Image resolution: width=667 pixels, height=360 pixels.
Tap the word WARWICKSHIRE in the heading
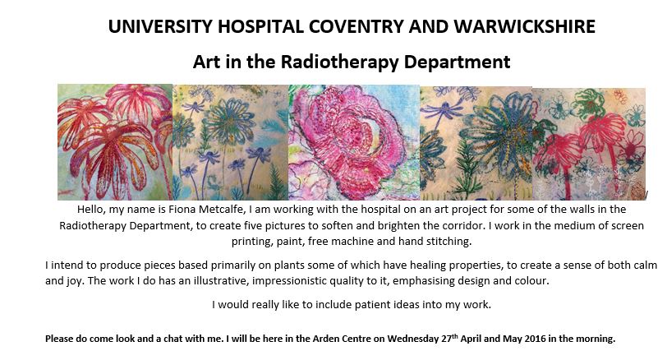(525, 26)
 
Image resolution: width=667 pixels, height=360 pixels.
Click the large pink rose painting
(354, 142)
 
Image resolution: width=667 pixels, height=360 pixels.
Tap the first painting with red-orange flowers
(115, 142)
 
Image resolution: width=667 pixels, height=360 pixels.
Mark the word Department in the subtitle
(457, 62)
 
